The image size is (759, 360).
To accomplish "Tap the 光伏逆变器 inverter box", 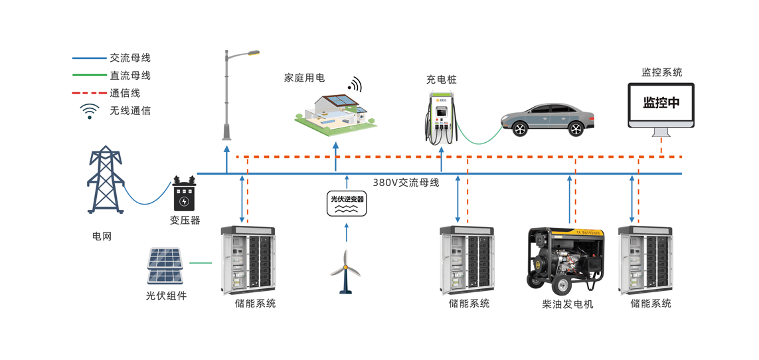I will (x=347, y=203).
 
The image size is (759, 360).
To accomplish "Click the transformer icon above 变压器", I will (x=184, y=194).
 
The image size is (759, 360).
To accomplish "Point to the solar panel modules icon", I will (x=164, y=266).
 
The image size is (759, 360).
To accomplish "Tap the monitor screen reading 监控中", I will (x=661, y=104).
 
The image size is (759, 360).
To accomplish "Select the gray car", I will (x=547, y=120).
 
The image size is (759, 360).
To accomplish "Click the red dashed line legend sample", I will (x=89, y=93).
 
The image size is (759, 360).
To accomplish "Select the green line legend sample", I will (x=89, y=76).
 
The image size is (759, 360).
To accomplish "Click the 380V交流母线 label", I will (x=405, y=183).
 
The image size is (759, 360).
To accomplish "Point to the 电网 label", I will (x=102, y=236).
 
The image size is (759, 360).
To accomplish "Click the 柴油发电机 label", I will (x=567, y=304).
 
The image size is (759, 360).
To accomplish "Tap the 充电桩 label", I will (x=442, y=80).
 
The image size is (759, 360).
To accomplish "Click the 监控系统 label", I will (x=661, y=72).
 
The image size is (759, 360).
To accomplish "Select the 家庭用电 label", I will (x=304, y=78).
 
